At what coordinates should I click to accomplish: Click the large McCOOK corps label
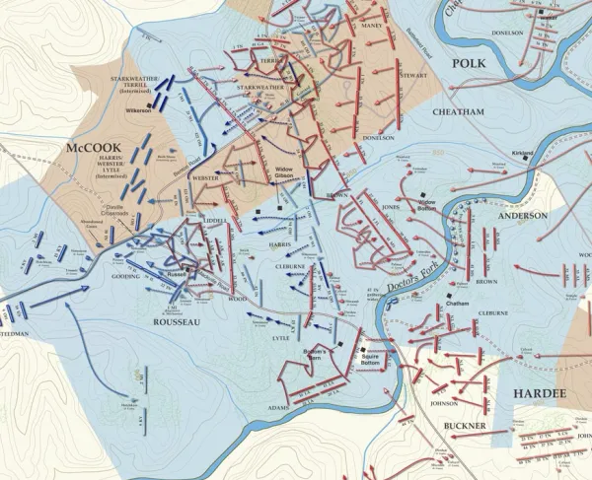coord(91,147)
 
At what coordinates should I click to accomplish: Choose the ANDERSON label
coord(523,215)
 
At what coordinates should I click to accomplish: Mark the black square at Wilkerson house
coord(150,103)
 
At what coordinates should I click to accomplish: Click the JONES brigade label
coord(392,208)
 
